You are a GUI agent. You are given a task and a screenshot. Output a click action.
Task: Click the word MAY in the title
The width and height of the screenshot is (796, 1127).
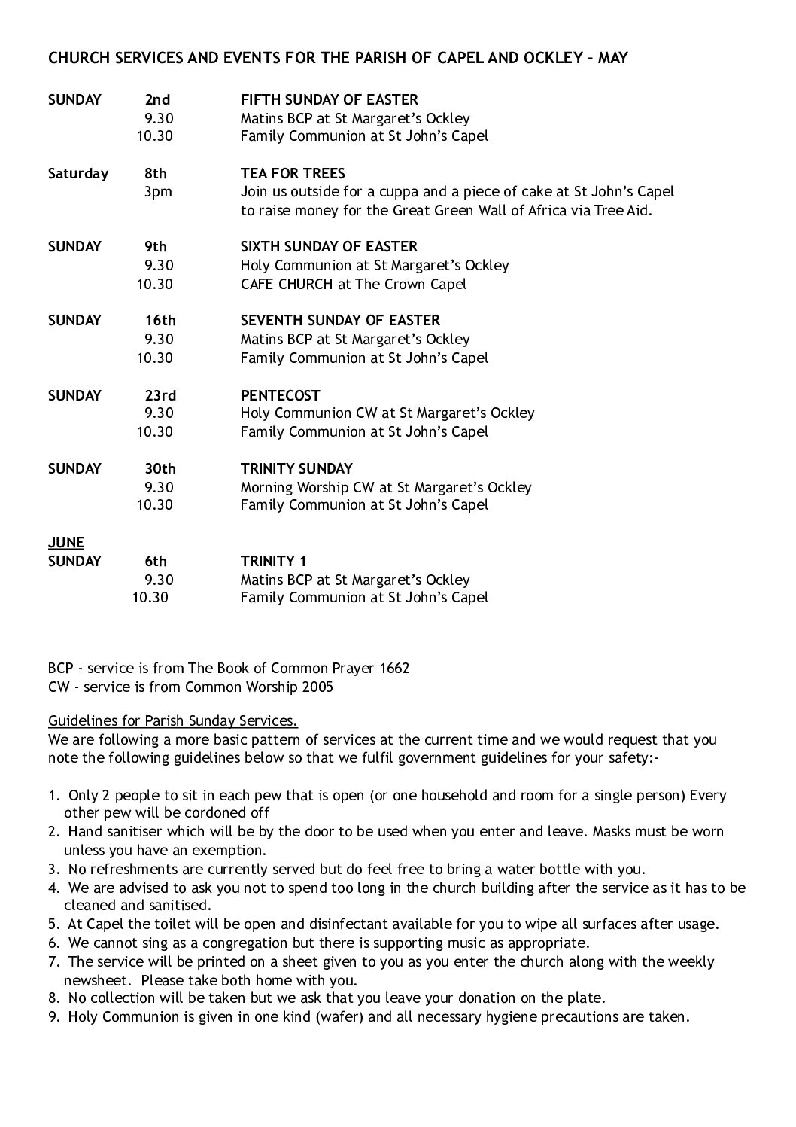coord(612,57)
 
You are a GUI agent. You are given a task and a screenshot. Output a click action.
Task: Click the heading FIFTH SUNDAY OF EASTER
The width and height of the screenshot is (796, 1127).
coord(329,99)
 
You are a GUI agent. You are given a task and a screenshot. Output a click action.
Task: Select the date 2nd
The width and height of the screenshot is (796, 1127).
coord(157,99)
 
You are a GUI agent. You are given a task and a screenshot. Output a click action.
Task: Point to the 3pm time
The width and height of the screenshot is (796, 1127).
coord(158,191)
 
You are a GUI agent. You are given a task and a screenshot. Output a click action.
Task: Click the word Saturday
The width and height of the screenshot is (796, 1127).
coord(78,173)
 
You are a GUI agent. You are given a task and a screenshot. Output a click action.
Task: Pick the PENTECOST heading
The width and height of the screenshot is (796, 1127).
coord(280,395)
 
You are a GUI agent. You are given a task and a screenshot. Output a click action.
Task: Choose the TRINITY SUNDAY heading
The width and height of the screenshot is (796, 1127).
coord(296,468)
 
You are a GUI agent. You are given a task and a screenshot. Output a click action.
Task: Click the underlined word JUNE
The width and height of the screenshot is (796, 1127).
coord(66,542)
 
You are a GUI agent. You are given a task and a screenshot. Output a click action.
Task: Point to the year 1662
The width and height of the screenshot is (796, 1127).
coord(395,668)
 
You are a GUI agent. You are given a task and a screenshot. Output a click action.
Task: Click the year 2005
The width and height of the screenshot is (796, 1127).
coord(317,687)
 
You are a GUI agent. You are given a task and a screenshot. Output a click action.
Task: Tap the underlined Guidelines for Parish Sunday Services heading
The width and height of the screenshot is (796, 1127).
coord(172,720)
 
